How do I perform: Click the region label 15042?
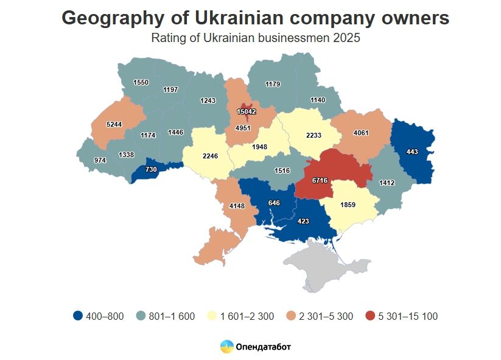247,111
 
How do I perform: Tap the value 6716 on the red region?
320,180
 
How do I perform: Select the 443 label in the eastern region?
412,152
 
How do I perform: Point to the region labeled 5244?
114,124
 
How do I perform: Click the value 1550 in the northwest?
141,82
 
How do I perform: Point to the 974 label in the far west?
100,160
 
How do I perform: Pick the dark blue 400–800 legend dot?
77,316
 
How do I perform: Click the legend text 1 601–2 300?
246,316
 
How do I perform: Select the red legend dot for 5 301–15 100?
370,316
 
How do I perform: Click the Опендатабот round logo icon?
226,347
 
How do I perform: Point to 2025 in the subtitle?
347,38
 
